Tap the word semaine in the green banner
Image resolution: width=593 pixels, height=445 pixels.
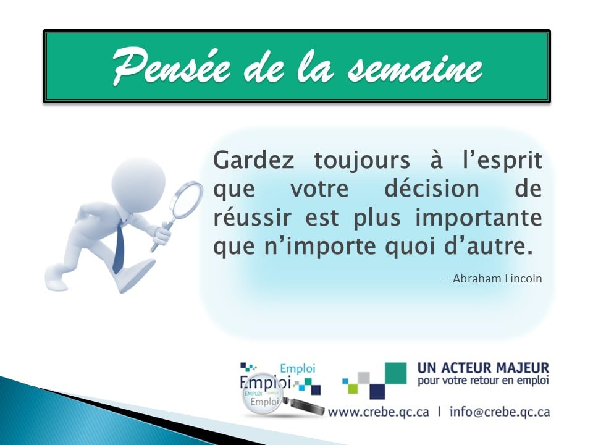[x=415, y=67]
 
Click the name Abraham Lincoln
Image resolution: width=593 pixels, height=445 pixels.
[x=497, y=278]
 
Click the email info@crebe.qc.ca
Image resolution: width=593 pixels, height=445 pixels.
[x=500, y=412]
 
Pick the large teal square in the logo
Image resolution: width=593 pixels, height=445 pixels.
[x=395, y=373]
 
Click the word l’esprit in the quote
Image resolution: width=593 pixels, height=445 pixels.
[x=504, y=161]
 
